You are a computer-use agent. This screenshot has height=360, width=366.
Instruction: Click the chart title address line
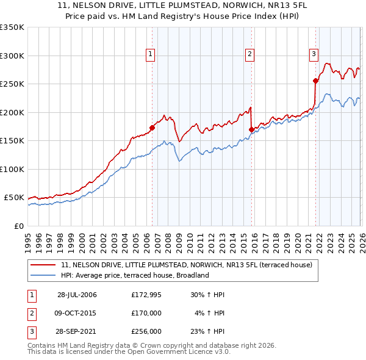183,6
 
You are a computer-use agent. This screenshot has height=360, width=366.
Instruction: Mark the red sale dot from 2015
251,129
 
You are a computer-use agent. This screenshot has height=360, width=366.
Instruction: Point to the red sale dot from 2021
315,81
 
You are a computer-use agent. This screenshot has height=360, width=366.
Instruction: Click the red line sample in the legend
44,265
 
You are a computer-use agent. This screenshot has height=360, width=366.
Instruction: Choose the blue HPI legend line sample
44,275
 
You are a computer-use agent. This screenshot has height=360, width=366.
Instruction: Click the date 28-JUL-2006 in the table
77,295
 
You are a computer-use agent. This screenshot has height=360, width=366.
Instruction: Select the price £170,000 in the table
146,313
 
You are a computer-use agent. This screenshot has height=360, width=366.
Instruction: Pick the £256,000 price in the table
146,331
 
